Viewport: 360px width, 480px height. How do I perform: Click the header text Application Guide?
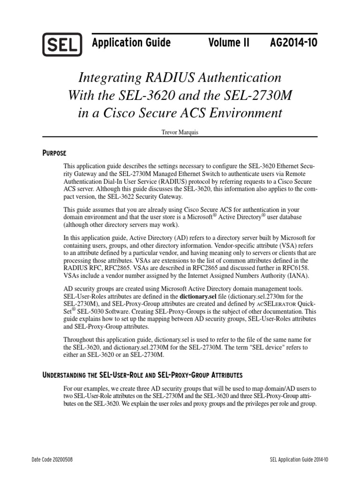pos(131,43)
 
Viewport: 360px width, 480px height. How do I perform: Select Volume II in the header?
pos(229,43)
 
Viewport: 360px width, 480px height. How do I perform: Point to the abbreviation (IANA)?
pos(300,275)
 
